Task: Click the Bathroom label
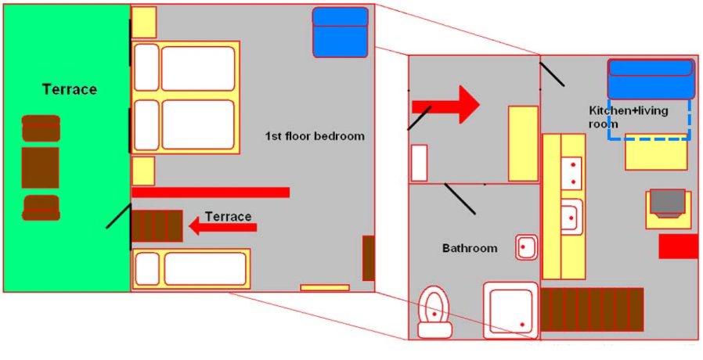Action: (470, 248)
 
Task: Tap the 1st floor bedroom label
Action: (315, 135)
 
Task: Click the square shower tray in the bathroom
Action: (510, 309)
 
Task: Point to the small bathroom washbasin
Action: (525, 247)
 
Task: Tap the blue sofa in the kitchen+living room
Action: (651, 78)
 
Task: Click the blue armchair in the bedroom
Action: (341, 31)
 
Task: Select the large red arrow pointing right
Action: (445, 104)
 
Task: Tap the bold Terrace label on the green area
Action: (70, 89)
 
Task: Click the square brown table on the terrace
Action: (40, 167)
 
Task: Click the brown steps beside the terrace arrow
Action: (157, 226)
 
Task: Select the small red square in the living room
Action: (677, 246)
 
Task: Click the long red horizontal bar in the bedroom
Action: (211, 193)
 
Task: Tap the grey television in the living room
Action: (669, 203)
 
